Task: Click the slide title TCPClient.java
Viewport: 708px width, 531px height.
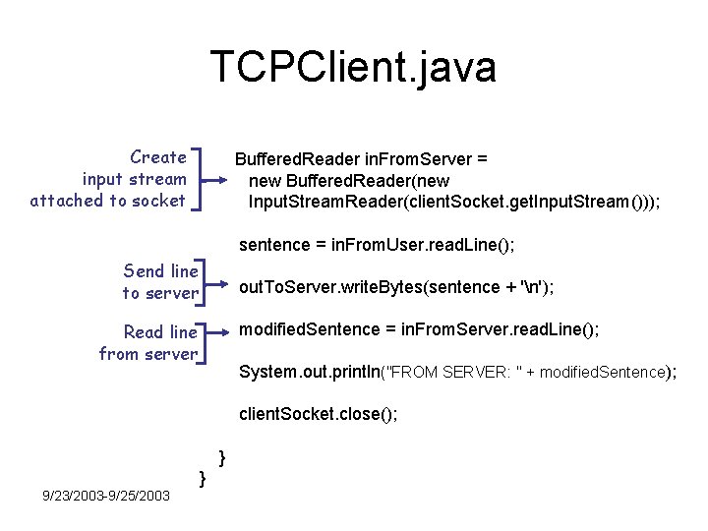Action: pyautogui.click(x=353, y=67)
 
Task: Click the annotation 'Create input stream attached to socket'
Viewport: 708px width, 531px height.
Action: pyautogui.click(x=108, y=179)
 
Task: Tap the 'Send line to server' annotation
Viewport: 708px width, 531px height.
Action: pyautogui.click(x=160, y=281)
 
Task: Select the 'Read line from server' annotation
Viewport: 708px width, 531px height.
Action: pyautogui.click(x=148, y=343)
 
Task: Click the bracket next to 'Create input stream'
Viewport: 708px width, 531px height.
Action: pyautogui.click(x=200, y=180)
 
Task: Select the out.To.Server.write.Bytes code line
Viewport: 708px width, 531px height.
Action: pyautogui.click(x=396, y=287)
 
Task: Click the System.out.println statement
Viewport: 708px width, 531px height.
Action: pyautogui.click(x=457, y=372)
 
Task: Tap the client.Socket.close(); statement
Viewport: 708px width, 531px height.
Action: pyautogui.click(x=319, y=414)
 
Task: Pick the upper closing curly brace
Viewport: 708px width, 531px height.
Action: pyautogui.click(x=222, y=457)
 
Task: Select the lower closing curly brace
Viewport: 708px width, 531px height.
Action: pyautogui.click(x=202, y=478)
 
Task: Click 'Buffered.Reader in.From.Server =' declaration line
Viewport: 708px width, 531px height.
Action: pyautogui.click(x=361, y=158)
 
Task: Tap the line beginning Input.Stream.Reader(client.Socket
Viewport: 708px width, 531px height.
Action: pyautogui.click(x=454, y=203)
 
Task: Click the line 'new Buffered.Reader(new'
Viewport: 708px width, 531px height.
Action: pyautogui.click(x=349, y=181)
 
